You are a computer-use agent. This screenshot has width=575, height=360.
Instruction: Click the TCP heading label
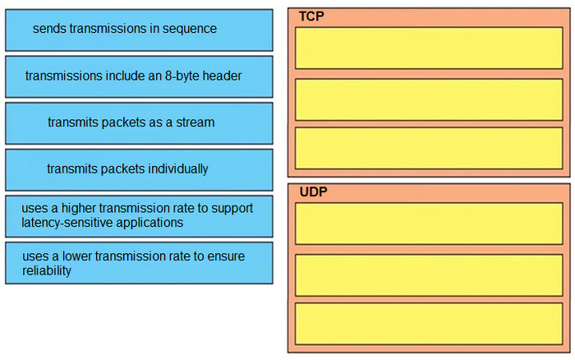(311, 16)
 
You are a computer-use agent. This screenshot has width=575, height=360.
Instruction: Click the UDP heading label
(314, 192)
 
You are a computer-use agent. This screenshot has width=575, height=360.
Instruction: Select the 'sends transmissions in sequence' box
(139, 30)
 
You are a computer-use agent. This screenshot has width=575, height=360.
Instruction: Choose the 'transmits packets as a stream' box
(139, 123)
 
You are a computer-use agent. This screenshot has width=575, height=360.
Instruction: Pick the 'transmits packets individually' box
(139, 170)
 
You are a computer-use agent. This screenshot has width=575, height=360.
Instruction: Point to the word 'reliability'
(47, 271)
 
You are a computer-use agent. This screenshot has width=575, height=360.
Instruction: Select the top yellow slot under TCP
(429, 48)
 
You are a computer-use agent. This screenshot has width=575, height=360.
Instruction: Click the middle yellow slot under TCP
(429, 99)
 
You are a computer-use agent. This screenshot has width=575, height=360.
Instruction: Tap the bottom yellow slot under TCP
(429, 148)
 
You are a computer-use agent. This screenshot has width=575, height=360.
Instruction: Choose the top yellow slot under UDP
(429, 224)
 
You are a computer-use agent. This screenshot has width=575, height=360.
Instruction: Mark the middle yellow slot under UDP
(429, 275)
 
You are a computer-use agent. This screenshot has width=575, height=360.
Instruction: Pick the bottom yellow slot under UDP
(429, 324)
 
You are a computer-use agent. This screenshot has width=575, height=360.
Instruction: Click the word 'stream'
(195, 122)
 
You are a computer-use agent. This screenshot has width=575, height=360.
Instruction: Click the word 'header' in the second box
(223, 76)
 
